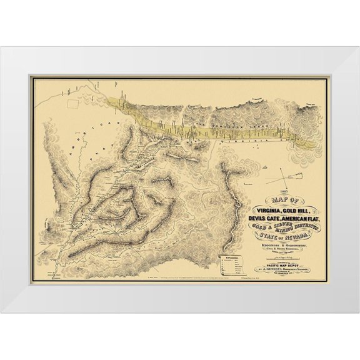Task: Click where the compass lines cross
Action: click(x=286, y=177)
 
